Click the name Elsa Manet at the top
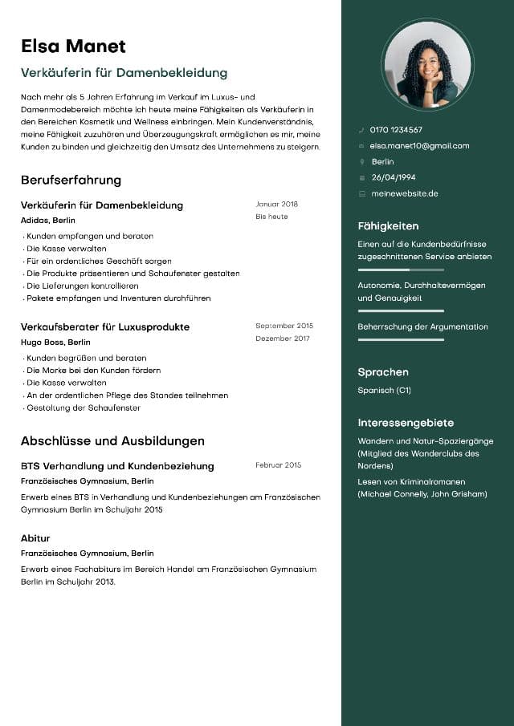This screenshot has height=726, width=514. tap(73, 46)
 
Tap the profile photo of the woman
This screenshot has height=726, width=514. tap(427, 64)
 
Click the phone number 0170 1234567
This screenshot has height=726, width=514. tap(396, 130)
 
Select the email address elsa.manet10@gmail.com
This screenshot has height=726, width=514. tap(419, 146)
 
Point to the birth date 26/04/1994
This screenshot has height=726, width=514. tap(394, 177)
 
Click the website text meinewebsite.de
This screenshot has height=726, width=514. tap(404, 193)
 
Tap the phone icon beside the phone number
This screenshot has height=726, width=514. tap(361, 130)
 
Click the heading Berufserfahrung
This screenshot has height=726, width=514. tap(71, 180)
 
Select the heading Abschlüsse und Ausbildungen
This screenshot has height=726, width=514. tap(112, 440)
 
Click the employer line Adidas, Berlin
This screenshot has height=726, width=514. tap(48, 220)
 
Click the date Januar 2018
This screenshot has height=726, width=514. tap(276, 205)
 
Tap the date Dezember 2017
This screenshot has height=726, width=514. tap(282, 339)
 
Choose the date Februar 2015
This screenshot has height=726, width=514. tap(278, 465)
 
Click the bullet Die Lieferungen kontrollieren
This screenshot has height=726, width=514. tap(83, 286)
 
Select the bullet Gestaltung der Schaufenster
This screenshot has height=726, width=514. tap(84, 408)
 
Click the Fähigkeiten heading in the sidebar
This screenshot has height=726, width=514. tap(388, 226)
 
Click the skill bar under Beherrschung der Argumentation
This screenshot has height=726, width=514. tap(400, 340)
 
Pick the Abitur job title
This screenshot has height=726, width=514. tap(35, 538)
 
